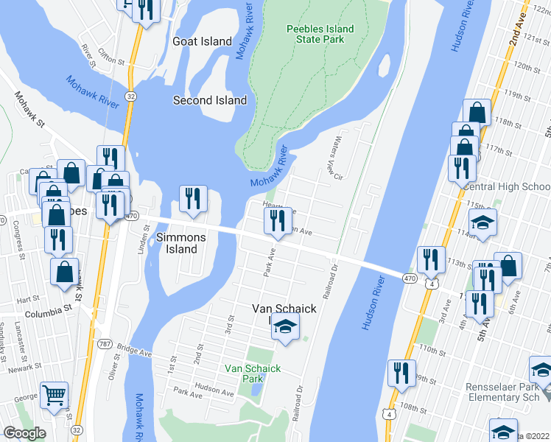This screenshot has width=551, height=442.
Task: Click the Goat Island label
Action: tap(202, 42)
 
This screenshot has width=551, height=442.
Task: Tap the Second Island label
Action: tap(210, 100)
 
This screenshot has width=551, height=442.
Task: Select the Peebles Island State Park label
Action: tap(320, 35)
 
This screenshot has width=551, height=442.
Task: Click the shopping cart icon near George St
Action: tap(55, 395)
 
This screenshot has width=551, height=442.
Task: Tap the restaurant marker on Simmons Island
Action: tap(194, 199)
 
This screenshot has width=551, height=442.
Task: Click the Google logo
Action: tap(24, 433)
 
